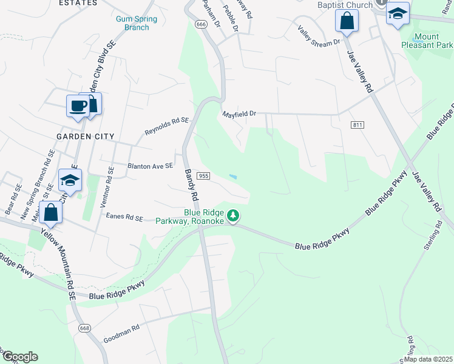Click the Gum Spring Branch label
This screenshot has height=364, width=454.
[137, 23]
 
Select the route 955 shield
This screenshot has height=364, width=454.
[204, 176]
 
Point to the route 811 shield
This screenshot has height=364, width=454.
[357, 124]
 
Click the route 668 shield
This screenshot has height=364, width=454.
[84, 328]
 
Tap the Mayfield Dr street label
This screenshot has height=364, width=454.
[239, 113]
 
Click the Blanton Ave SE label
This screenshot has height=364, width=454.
[150, 165]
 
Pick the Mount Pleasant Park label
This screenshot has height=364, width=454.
[427, 41]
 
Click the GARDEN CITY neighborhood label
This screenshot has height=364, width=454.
[85, 136]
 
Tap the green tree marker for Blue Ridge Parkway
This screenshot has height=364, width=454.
[232, 215]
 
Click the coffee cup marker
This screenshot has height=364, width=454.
[78, 106]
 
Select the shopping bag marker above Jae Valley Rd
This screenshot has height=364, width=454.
[347, 21]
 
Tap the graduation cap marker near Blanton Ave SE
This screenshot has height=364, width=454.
[70, 180]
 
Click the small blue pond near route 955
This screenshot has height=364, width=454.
[233, 177]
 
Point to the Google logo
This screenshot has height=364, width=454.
[19, 357]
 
